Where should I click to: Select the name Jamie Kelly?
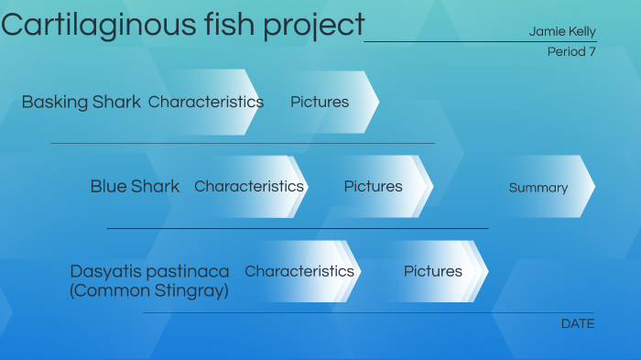tap(561, 31)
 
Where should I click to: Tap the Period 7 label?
tap(571, 51)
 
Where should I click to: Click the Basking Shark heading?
tap(81, 102)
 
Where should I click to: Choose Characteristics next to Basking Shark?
tap(206, 102)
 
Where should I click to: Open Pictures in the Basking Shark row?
tap(320, 102)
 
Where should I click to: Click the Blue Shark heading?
tap(135, 186)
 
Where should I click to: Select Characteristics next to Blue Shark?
tap(249, 186)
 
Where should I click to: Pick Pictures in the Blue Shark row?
tap(373, 186)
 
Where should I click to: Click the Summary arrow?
tap(538, 187)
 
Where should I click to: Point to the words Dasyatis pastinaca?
tap(149, 271)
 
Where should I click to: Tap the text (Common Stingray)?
tap(148, 290)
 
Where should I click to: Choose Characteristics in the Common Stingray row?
tap(299, 271)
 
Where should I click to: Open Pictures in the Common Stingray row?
tap(433, 271)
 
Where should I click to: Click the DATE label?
tap(578, 323)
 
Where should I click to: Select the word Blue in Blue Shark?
tap(108, 186)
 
